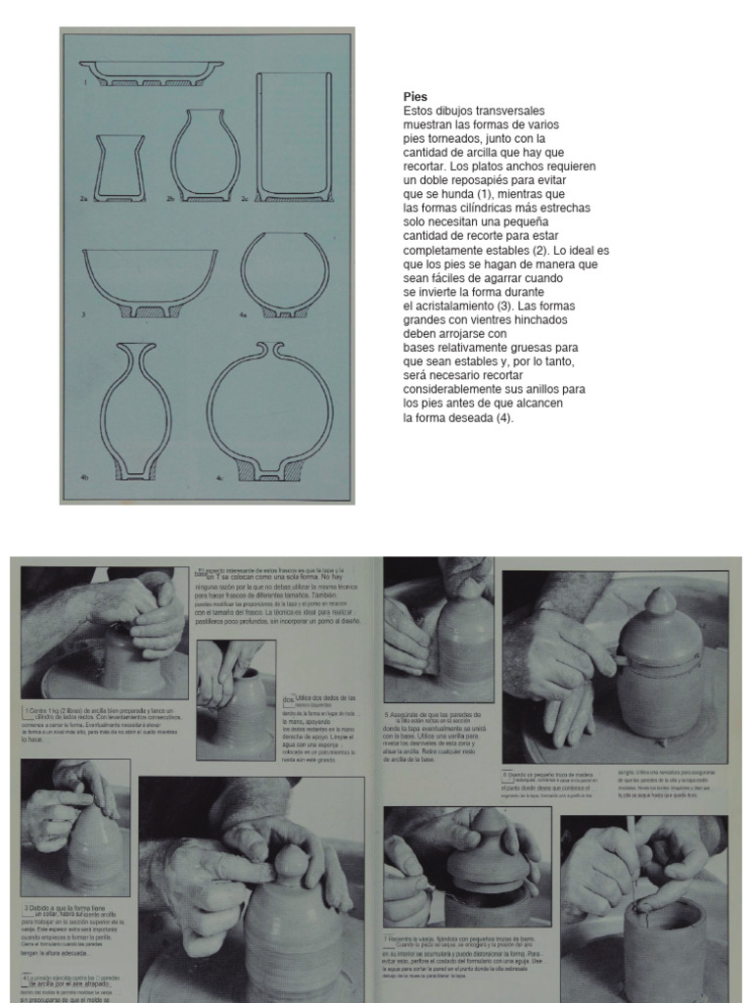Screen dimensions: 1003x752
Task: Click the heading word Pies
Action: pyautogui.click(x=415, y=97)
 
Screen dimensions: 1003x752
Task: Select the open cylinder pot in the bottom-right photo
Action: pyautogui.click(x=663, y=945)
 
